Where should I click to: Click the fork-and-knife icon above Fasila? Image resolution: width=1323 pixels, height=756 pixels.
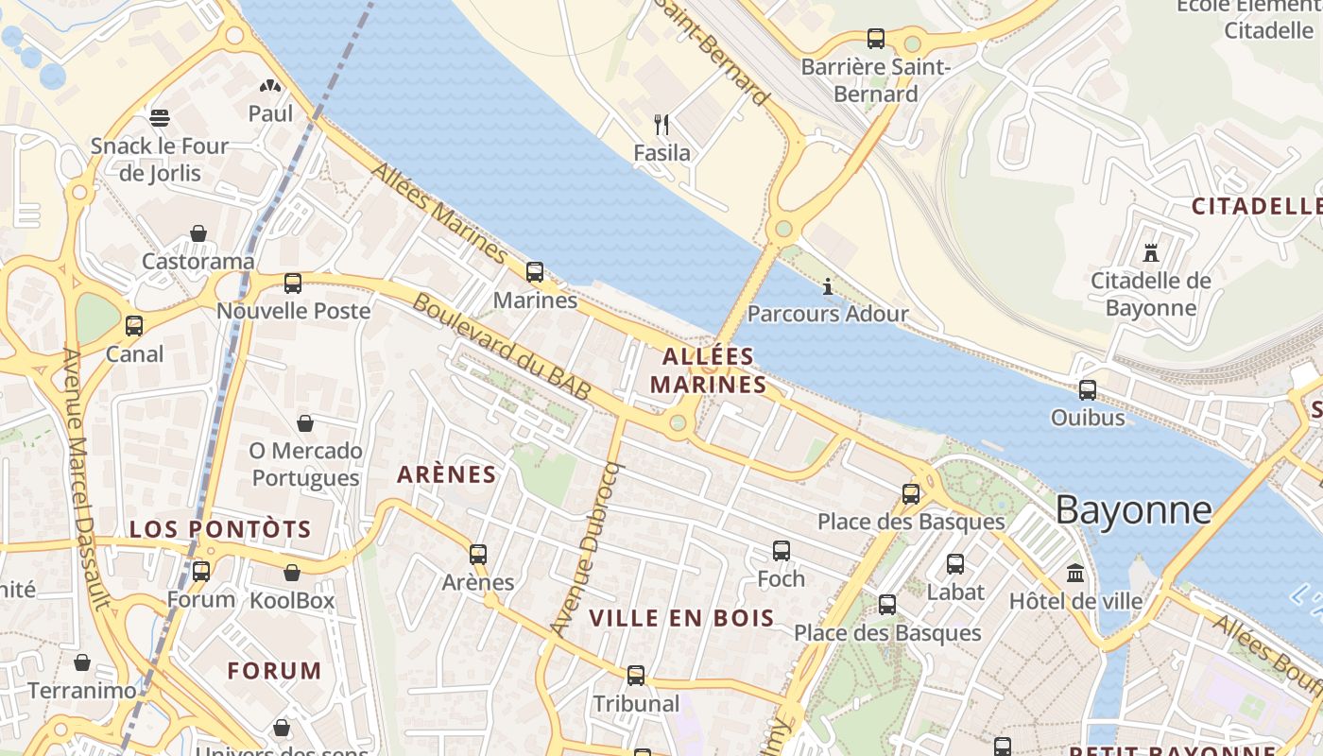(661, 124)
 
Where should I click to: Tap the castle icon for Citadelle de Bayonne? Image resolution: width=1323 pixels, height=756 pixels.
(1150, 252)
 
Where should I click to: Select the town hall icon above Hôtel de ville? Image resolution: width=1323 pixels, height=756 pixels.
(1075, 573)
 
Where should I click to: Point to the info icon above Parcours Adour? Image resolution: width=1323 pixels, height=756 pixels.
(828, 285)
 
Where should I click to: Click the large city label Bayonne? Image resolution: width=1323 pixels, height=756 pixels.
(1133, 510)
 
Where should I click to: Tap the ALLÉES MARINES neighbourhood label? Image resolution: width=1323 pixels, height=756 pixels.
(708, 370)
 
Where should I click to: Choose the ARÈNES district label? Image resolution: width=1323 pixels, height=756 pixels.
(447, 474)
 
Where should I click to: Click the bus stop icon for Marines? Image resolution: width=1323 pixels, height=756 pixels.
(535, 272)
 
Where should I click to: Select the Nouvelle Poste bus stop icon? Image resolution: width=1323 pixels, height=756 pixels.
(293, 283)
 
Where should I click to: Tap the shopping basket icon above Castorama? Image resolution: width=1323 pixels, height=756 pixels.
(198, 233)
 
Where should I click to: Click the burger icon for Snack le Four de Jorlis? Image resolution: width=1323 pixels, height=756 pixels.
(160, 118)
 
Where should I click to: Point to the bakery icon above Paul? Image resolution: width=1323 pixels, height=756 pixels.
(270, 86)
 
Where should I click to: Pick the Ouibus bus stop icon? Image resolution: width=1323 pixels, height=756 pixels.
(1088, 389)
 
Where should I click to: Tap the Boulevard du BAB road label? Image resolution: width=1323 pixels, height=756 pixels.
(502, 347)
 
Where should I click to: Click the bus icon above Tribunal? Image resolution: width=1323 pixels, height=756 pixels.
(636, 676)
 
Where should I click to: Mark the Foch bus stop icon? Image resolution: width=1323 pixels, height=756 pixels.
(782, 550)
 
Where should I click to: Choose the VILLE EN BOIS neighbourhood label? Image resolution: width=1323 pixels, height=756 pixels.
(681, 619)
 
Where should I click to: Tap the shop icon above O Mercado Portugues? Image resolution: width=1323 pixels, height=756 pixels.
(305, 422)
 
